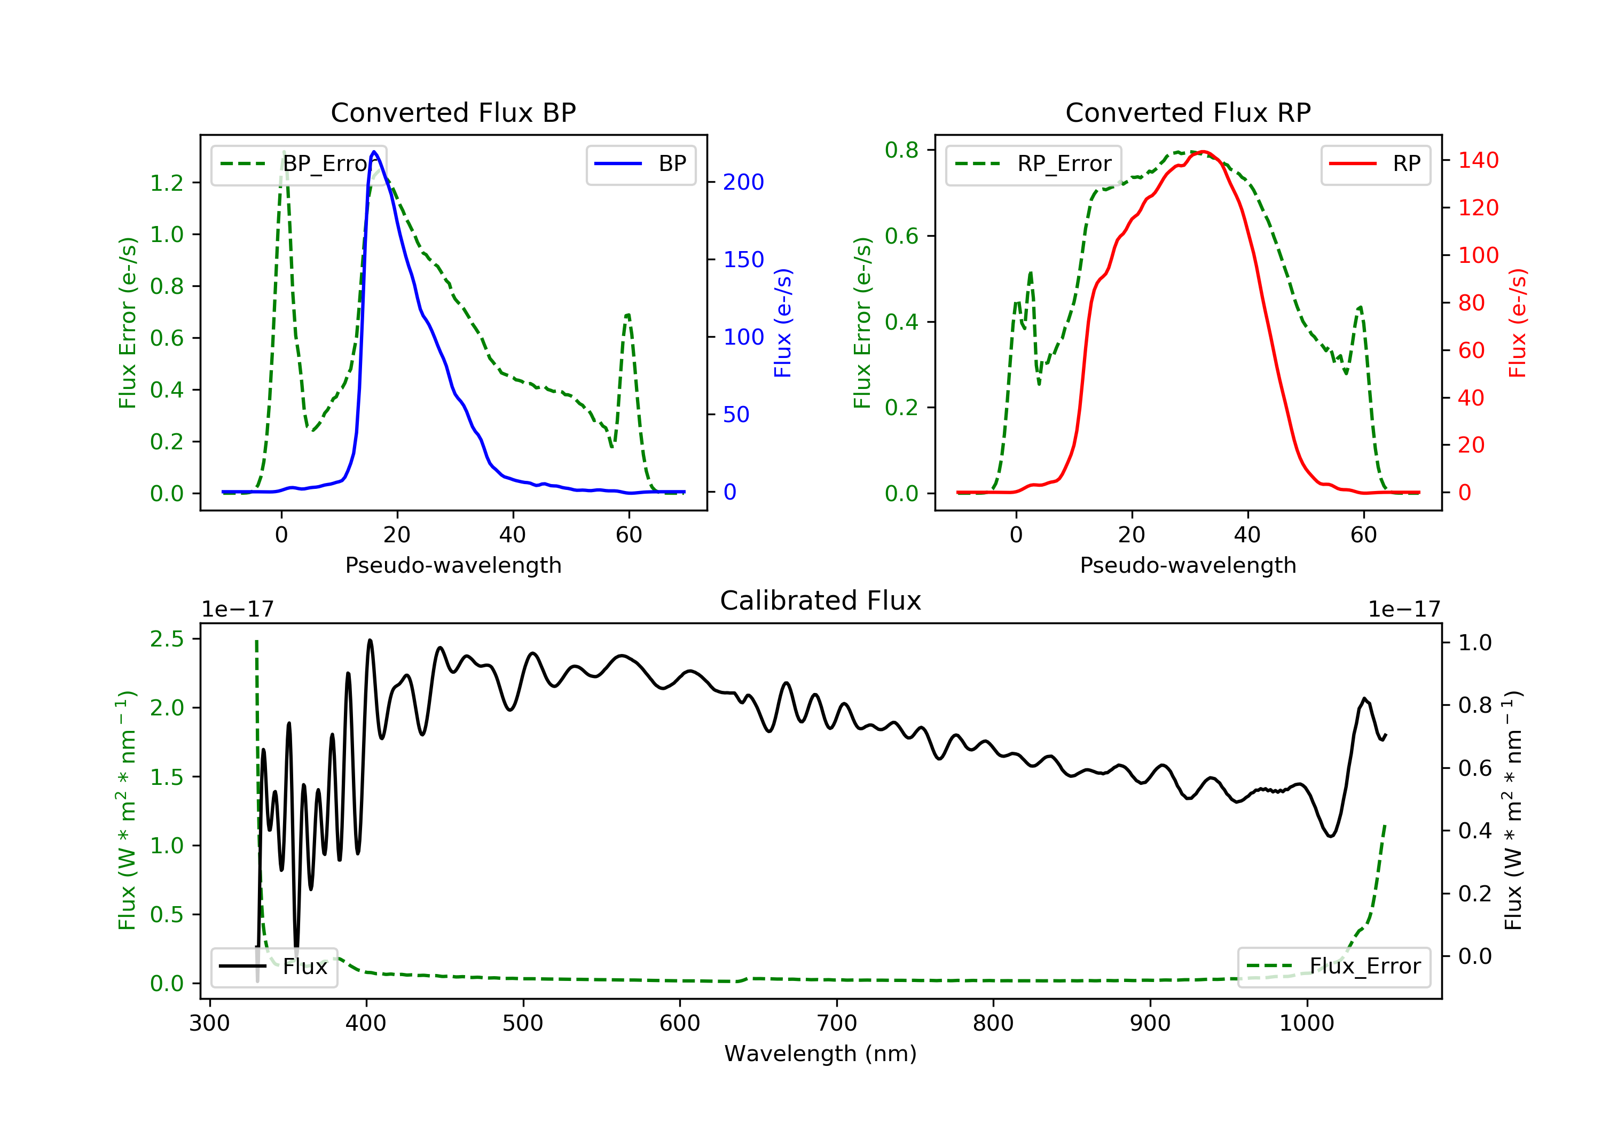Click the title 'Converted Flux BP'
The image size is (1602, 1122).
tap(453, 112)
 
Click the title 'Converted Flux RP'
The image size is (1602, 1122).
tap(1188, 112)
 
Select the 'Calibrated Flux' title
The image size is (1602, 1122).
tap(821, 601)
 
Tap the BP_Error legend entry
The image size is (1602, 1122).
tap(298, 164)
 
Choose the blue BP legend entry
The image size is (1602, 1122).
tap(640, 164)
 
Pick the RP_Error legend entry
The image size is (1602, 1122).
tap(1033, 164)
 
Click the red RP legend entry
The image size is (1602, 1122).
tap(1375, 164)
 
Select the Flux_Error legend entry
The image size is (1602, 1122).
tap(1333, 967)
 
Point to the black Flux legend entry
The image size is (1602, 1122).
tap(273, 967)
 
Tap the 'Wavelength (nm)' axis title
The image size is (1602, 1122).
tap(821, 1054)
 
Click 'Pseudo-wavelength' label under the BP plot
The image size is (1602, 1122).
tap(453, 565)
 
